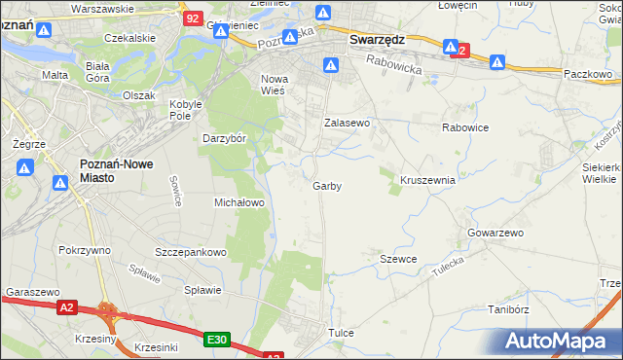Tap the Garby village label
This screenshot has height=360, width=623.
[327, 185]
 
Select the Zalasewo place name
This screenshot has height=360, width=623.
[348, 124]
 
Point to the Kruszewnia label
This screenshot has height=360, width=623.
[427, 180]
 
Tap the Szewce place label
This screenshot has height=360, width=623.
[398, 259]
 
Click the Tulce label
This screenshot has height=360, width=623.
[341, 333]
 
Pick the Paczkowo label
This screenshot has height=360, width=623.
[587, 73]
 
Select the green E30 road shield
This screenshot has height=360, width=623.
[217, 340]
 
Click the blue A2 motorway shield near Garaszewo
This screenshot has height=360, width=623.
[65, 307]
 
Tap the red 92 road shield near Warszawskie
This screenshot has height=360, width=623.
[194, 18]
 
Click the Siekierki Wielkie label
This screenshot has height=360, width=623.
[600, 172]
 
